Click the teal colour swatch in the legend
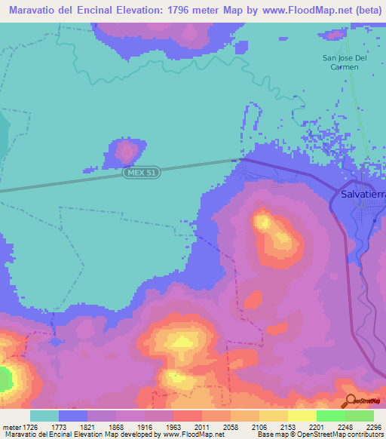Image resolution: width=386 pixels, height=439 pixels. click(44, 416)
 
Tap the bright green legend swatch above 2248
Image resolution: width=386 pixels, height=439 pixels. click(330, 416)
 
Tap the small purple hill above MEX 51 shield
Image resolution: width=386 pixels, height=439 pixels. click(124, 152)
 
